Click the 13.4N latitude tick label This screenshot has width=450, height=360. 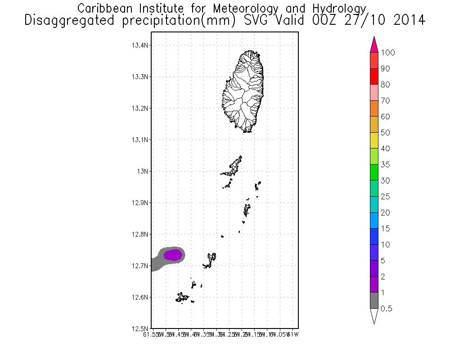pyautogui.click(x=140, y=45)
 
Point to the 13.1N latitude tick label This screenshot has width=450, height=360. pyautogui.click(x=140, y=140)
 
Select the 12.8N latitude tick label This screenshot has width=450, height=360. pyautogui.click(x=140, y=234)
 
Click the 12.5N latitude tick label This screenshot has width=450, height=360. pyautogui.click(x=140, y=329)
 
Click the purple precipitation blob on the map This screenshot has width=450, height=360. pyautogui.click(x=173, y=255)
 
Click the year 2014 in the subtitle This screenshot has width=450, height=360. pyautogui.click(x=403, y=20)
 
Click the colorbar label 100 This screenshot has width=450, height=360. pyautogui.click(x=387, y=53)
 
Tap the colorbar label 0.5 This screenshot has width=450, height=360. pyautogui.click(x=387, y=309)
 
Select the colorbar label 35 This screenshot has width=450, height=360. pyautogui.click(x=385, y=165)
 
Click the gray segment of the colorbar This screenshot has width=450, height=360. pyautogui.click(x=373, y=301)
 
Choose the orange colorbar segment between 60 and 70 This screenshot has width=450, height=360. pyautogui.click(x=373, y=108)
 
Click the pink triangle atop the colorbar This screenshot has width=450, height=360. pyautogui.click(x=373, y=45)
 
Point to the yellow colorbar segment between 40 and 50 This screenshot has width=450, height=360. pyautogui.click(x=373, y=140)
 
